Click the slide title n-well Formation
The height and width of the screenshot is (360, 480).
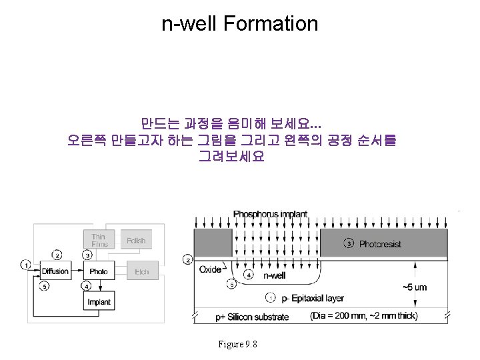click(240, 24)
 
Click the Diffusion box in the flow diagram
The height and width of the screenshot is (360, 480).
click(55, 271)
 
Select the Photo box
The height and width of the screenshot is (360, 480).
click(98, 271)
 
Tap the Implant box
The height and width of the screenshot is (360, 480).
click(98, 302)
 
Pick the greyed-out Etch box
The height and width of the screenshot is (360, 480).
click(141, 271)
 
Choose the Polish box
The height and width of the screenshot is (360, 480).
click(136, 240)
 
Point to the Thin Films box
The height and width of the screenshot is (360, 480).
click(98, 240)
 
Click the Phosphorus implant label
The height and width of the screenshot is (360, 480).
click(270, 214)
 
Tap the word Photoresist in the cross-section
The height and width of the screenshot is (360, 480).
click(380, 244)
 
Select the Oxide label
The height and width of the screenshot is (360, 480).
click(210, 269)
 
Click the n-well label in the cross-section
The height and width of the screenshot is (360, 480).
click(275, 275)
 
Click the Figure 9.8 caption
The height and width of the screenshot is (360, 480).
click(238, 344)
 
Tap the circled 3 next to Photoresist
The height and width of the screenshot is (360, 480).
click(349, 243)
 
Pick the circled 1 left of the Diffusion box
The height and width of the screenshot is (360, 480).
click(25, 265)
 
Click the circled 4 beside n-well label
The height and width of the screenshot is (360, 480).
click(249, 274)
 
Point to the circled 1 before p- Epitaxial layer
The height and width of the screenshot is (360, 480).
click(269, 297)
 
